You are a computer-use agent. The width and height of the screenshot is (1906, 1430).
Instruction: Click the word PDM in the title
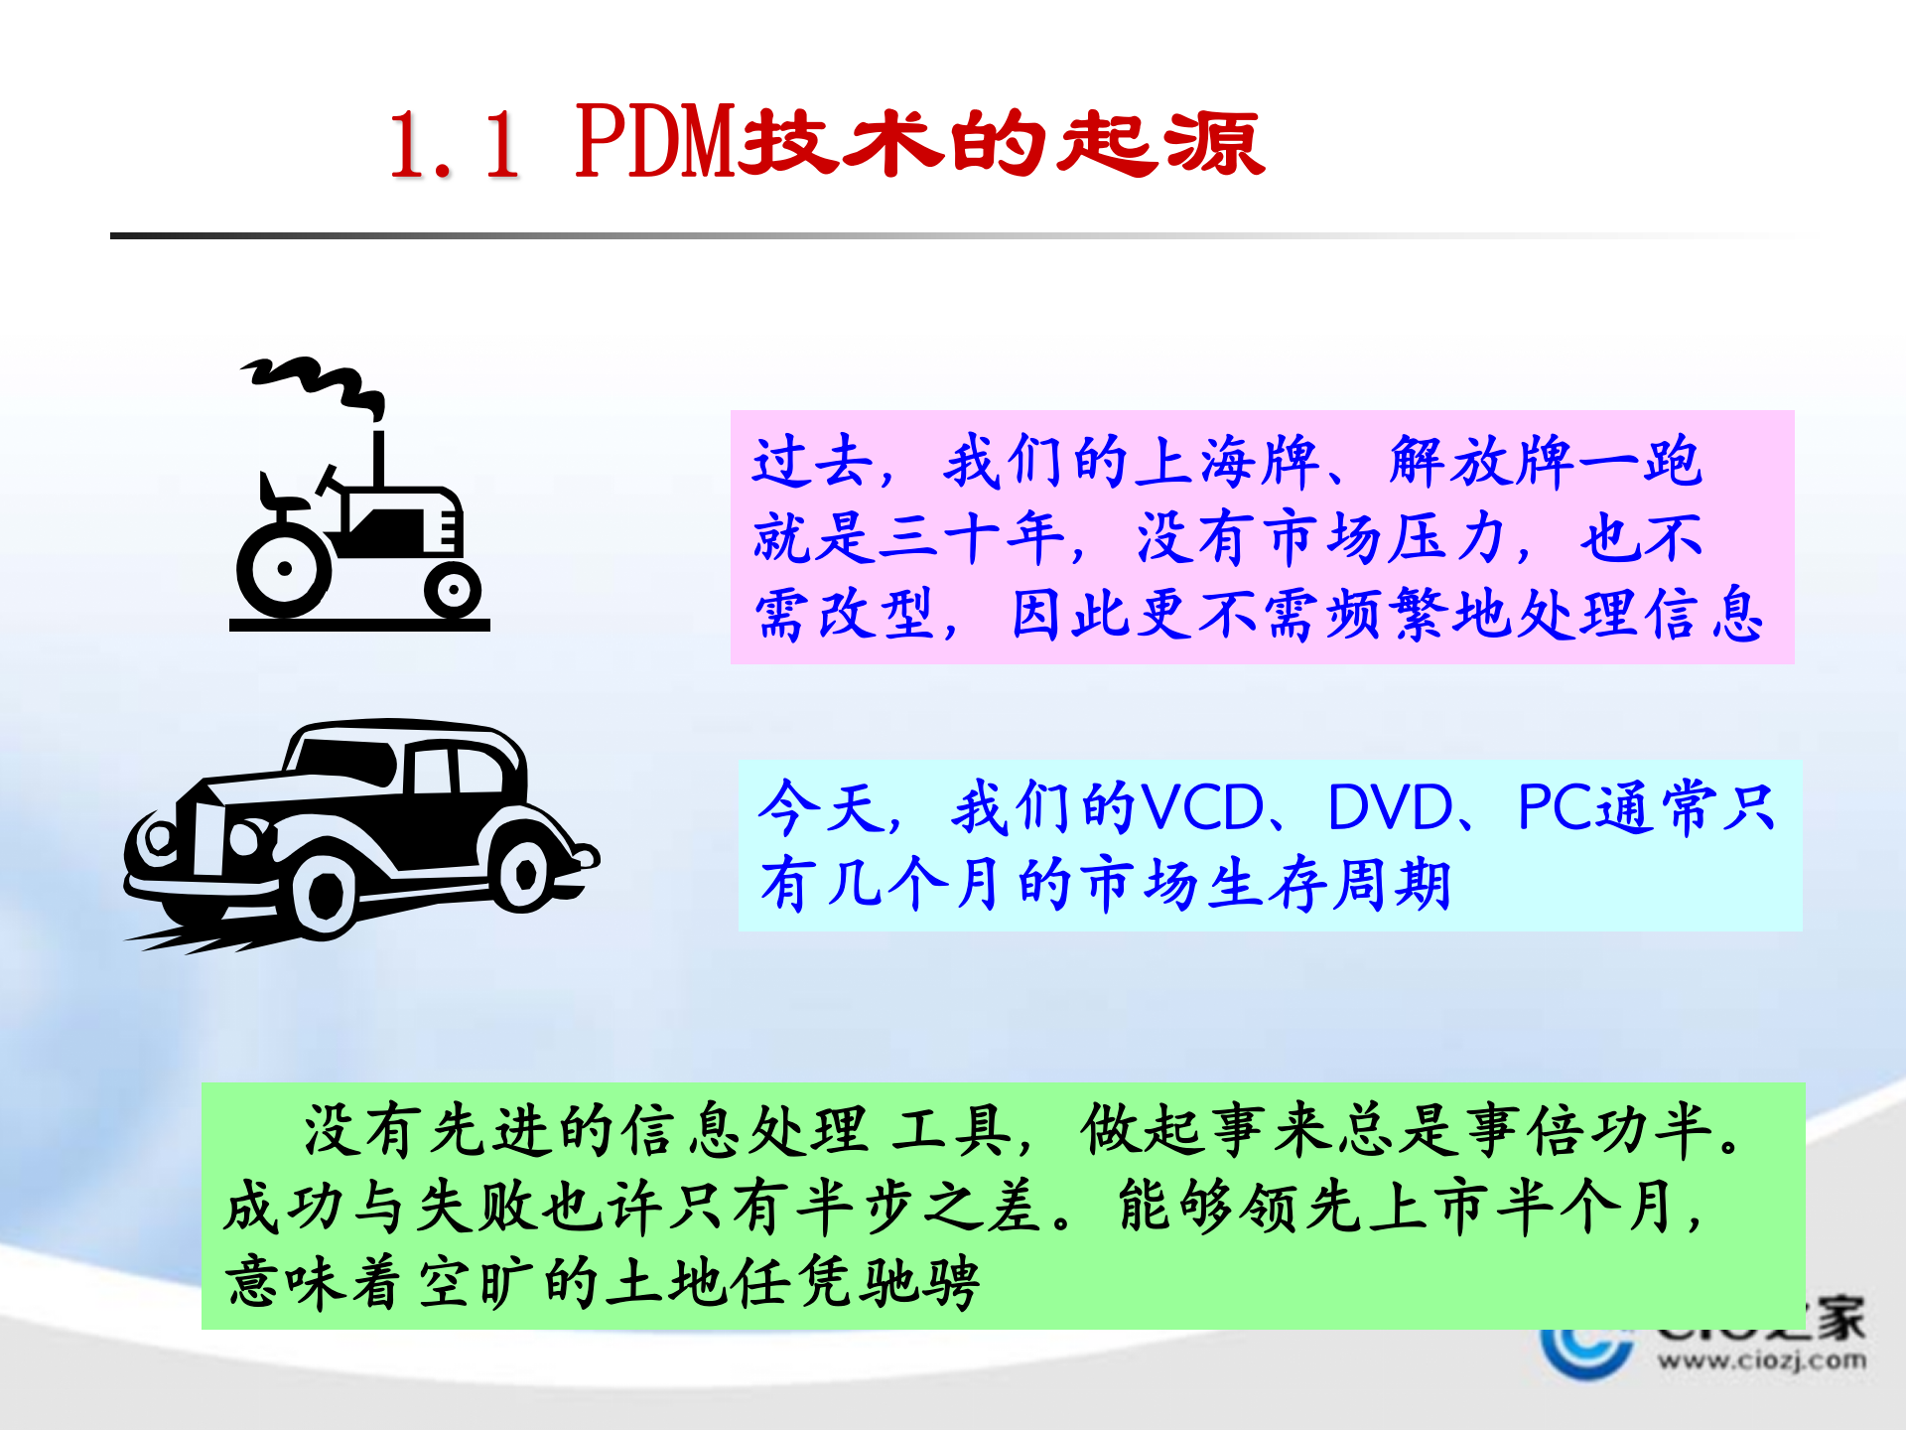pyautogui.click(x=655, y=142)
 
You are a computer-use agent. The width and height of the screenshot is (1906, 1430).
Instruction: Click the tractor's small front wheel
pyautogui.click(x=453, y=591)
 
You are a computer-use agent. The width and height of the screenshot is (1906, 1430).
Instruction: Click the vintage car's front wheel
pyautogui.click(x=324, y=896)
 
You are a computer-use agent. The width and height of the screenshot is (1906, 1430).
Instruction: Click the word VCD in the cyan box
pyautogui.click(x=1203, y=806)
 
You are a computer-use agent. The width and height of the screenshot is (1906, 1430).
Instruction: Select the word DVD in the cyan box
pyautogui.click(x=1390, y=806)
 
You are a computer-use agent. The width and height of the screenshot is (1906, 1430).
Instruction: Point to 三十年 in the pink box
pyautogui.click(x=973, y=537)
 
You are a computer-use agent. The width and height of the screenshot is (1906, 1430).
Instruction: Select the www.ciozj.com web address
pyautogui.click(x=1761, y=1359)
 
